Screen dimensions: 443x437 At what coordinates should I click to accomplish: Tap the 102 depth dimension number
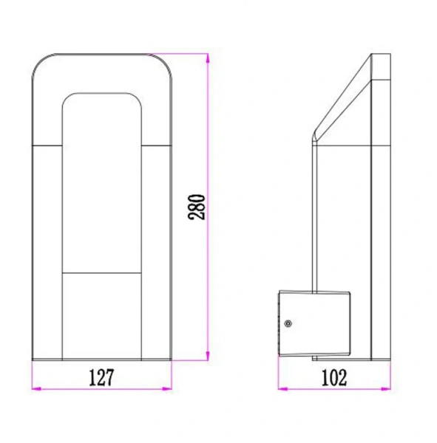334,377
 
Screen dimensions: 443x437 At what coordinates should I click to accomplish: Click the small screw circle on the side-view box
288,323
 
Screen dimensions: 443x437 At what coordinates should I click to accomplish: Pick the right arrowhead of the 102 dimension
390,389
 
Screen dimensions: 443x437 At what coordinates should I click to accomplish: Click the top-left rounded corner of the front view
41,63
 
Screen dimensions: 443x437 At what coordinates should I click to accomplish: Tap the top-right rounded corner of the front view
166,63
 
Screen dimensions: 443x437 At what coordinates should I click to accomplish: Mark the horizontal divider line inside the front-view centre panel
101,272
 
